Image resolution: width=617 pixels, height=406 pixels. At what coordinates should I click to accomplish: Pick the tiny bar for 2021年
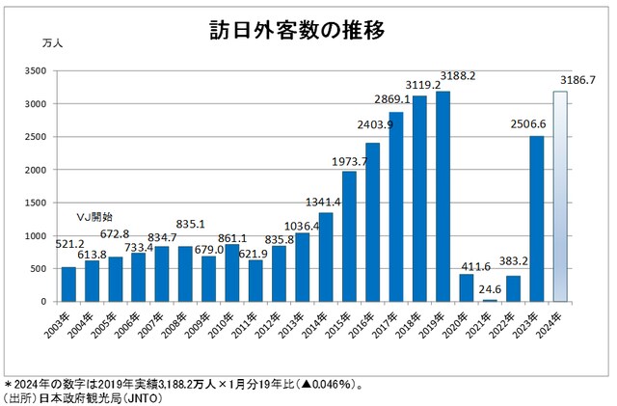pos(489,299)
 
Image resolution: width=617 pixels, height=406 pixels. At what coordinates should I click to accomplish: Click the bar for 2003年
pos(69,284)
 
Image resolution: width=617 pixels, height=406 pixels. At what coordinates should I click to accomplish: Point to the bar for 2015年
pos(350,235)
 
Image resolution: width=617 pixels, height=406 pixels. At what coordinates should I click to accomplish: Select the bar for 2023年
pos(535,218)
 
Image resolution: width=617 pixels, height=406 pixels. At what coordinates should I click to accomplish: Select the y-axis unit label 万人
pos(54,43)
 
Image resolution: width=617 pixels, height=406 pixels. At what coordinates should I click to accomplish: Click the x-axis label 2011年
pos(245,322)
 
